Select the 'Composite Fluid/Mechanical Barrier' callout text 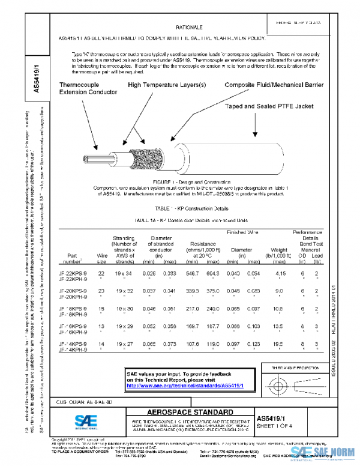pos(274,85)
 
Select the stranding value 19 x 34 pos(123,273)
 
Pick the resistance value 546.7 pos(193,273)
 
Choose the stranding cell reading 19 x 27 pos(123,343)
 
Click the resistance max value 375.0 pos(213,291)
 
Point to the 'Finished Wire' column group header pos(243,232)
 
